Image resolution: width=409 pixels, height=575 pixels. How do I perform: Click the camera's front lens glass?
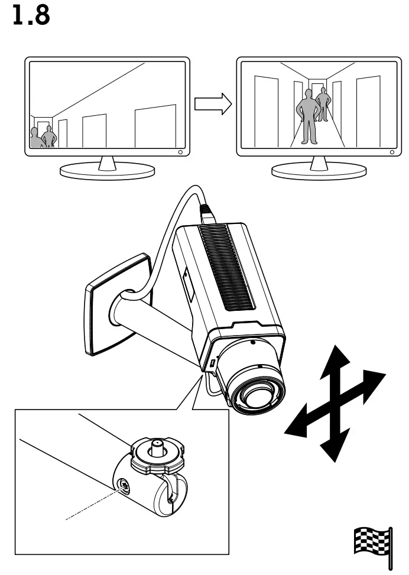click(255, 399)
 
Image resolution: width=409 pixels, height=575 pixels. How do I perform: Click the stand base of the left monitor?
click(107, 171)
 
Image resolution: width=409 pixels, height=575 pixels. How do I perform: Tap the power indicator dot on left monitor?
click(180, 152)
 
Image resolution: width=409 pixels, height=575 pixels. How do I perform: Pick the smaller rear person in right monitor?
click(322, 104)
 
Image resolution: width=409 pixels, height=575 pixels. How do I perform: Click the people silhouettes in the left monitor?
click(43, 137)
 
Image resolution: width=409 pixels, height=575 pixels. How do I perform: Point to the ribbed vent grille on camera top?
click(226, 265)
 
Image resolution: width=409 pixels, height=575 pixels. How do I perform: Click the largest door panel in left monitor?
click(155, 128)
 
